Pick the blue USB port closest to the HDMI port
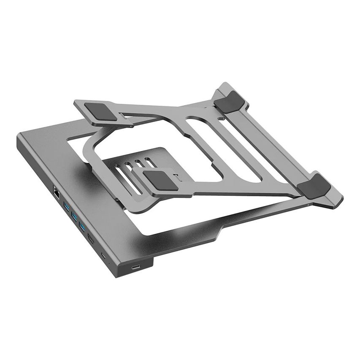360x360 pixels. click(x=82, y=228)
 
